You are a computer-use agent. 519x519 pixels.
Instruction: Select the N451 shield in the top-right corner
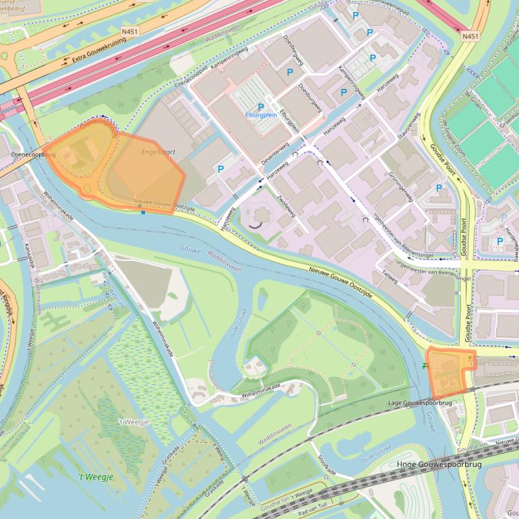pos(471,36)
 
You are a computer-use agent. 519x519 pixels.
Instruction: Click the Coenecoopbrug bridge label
pos(34,154)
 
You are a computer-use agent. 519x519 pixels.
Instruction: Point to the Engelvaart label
pos(158,152)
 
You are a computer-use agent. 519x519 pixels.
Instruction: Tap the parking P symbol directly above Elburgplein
pos(261,106)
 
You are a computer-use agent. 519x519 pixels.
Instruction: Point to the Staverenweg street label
pos(409,125)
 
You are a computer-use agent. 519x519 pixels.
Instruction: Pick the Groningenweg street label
pos(400,183)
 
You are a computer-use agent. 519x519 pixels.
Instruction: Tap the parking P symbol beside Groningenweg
pos(439,188)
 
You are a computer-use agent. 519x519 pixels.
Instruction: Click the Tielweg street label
pos(390,274)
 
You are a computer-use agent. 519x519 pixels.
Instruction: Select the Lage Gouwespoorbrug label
pos(421,402)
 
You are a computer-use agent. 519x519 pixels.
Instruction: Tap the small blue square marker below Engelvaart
pos(143,213)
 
